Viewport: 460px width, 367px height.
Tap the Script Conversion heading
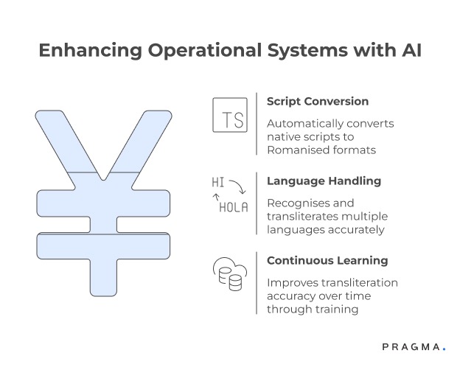318,101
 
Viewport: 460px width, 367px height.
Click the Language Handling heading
324,181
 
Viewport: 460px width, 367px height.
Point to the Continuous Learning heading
327,260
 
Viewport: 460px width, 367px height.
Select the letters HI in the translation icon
218,182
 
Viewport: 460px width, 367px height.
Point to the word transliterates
303,216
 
